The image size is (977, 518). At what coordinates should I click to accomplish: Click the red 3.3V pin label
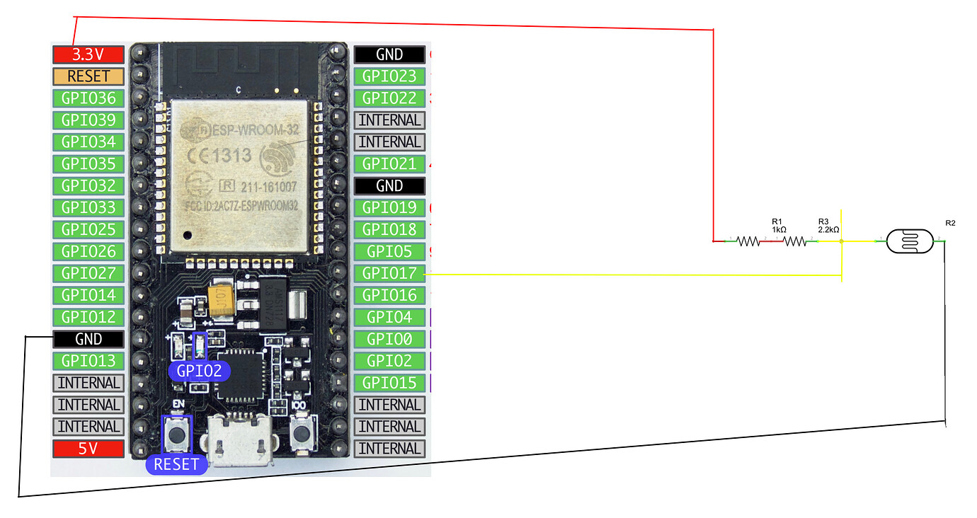coord(88,54)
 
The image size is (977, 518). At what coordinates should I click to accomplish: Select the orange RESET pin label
coord(88,76)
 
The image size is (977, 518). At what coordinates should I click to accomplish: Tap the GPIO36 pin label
coord(88,98)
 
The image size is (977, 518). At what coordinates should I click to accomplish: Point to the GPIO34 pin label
coord(88,142)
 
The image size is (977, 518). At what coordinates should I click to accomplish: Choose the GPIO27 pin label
coord(88,273)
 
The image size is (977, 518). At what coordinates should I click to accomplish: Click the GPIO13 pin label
coord(88,361)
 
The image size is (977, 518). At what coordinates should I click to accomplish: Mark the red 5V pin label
coord(88,449)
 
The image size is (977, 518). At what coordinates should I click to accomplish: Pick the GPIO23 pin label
coord(389,76)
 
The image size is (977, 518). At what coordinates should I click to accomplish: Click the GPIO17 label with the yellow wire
coord(389,273)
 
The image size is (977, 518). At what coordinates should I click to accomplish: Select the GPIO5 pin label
coord(389,251)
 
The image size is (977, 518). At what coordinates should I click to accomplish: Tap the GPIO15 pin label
coord(389,383)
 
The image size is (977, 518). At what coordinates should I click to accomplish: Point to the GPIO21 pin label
coord(389,163)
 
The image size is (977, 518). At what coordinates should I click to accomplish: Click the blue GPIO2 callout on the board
coord(199,371)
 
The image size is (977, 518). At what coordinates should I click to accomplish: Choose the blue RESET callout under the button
coord(177,464)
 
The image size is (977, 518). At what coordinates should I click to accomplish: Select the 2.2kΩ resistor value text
coord(828,230)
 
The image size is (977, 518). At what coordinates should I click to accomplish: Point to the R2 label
coord(950,224)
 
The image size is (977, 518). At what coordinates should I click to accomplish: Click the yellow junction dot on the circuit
coord(841,241)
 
